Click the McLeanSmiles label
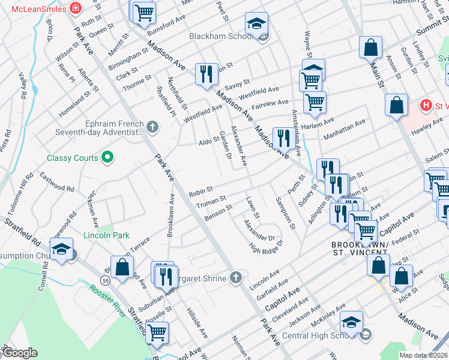click(34, 8)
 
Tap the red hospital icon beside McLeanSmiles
click(76, 8)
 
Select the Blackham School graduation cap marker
click(256, 24)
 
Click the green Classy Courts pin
click(107, 158)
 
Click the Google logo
click(20, 352)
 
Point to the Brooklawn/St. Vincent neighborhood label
click(360, 250)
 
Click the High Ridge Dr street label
click(266, 246)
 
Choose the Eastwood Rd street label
click(57, 182)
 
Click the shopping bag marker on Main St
click(371, 47)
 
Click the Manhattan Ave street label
click(344, 130)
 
